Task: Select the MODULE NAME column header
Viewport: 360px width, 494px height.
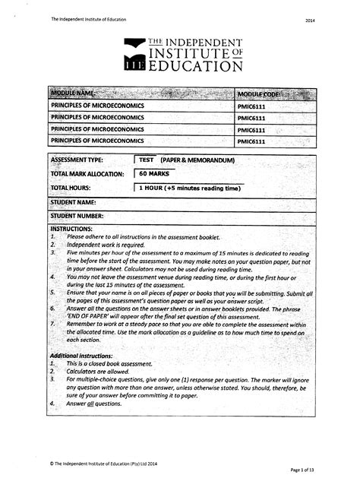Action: click(x=73, y=93)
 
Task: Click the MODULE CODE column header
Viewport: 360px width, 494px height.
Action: click(x=259, y=93)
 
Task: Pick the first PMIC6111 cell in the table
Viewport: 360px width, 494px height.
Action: click(x=251, y=106)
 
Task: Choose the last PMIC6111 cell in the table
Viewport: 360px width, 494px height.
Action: click(x=251, y=141)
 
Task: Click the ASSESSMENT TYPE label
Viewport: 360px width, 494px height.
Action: click(x=77, y=161)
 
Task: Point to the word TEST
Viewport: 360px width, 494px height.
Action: click(x=146, y=161)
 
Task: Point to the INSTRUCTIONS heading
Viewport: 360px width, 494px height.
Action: click(x=71, y=228)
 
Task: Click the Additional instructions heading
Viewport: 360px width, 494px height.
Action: click(x=87, y=356)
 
